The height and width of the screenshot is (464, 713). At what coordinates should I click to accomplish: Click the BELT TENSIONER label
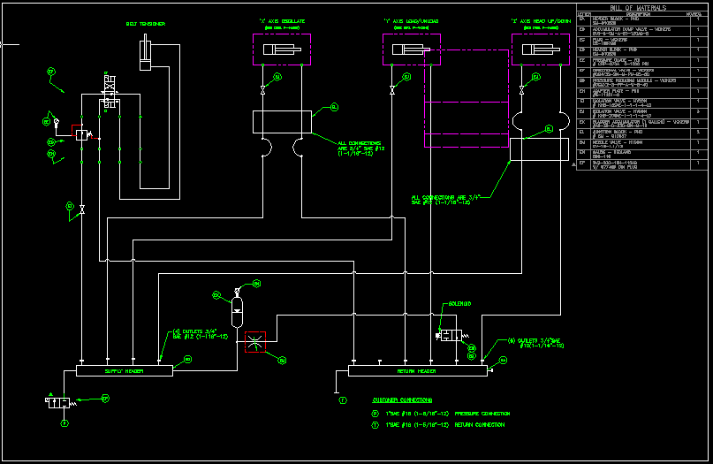point(145,24)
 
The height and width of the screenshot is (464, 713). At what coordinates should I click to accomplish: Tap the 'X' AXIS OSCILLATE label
point(283,19)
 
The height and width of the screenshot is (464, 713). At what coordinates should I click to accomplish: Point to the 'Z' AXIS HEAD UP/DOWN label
point(539,19)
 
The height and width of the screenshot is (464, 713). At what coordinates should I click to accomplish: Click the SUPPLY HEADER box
point(124,371)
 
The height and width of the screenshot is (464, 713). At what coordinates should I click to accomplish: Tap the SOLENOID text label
point(460,303)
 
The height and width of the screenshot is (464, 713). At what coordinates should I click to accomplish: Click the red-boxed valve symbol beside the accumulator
point(256,341)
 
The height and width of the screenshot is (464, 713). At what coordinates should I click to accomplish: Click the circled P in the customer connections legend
point(375,413)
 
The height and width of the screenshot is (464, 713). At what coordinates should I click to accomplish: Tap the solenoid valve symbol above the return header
point(451,335)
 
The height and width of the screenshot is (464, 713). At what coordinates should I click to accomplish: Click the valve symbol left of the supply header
point(58,402)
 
